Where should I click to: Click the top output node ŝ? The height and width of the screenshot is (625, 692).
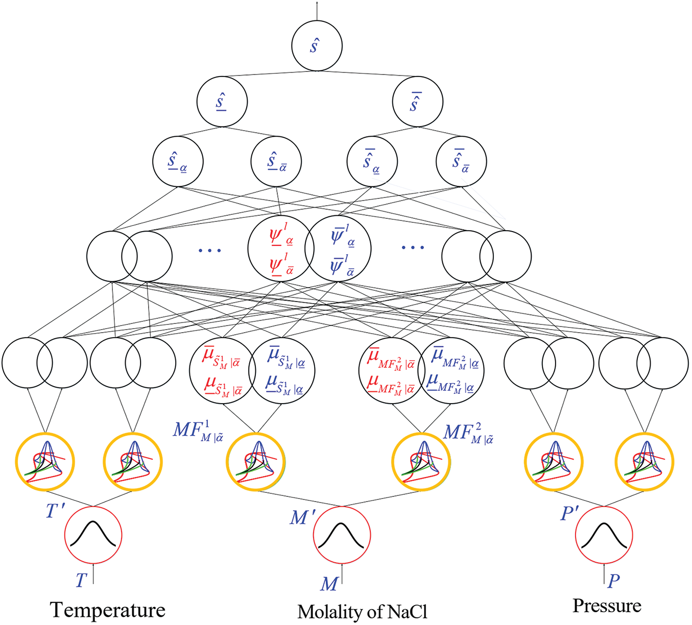pos(317,46)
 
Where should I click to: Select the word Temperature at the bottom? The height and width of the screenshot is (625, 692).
pos(108,610)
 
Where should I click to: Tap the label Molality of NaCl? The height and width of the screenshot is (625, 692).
pos(362,611)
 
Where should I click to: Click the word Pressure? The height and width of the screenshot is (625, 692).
pos(607,606)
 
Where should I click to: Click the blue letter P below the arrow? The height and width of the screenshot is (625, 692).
pos(614,581)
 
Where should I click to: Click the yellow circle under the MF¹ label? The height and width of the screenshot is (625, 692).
pos(255,462)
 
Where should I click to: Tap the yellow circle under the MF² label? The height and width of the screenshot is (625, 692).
pos(421,462)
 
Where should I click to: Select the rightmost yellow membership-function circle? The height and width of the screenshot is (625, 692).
pos(645,462)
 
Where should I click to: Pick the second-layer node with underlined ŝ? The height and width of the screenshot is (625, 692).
pos(222,102)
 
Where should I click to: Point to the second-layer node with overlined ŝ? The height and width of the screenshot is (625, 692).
pos(417,102)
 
